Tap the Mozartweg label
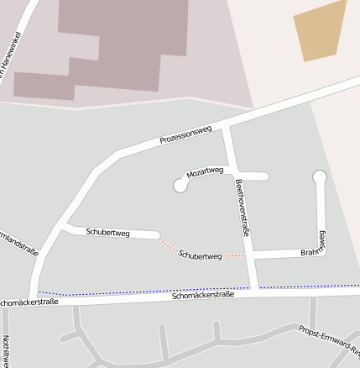point(205,171)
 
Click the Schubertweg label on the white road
point(107,231)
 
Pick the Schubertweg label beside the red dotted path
point(200,255)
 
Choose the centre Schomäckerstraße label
point(201,296)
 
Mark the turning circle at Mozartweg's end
point(180,185)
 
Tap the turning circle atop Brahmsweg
point(319,177)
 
